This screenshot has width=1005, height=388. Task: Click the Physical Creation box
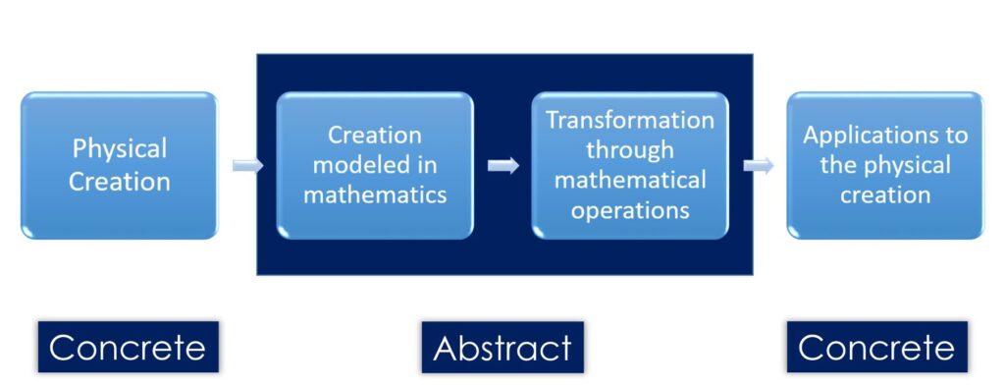coord(119,165)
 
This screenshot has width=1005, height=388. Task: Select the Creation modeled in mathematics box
coord(375,165)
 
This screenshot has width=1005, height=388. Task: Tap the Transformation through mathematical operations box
coord(630,165)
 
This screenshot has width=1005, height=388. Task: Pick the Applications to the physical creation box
coord(885,165)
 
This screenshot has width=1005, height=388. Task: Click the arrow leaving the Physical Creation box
coord(247,165)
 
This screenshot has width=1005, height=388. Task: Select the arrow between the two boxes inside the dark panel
coord(502,165)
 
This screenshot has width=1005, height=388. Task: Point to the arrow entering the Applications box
coord(758,165)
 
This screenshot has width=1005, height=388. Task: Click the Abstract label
coord(502,347)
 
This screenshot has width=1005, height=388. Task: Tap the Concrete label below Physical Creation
coord(128,347)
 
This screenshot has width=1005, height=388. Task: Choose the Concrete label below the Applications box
coord(876,347)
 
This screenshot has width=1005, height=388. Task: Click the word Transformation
coord(630,121)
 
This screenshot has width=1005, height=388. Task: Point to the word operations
coord(630,210)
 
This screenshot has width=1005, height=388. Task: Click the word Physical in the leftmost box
coord(120,150)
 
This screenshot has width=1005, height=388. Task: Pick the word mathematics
coord(375,194)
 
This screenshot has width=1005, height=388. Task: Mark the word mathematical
coord(630,181)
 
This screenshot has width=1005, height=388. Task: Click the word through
coord(630,150)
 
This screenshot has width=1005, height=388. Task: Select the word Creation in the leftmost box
coord(120,181)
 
